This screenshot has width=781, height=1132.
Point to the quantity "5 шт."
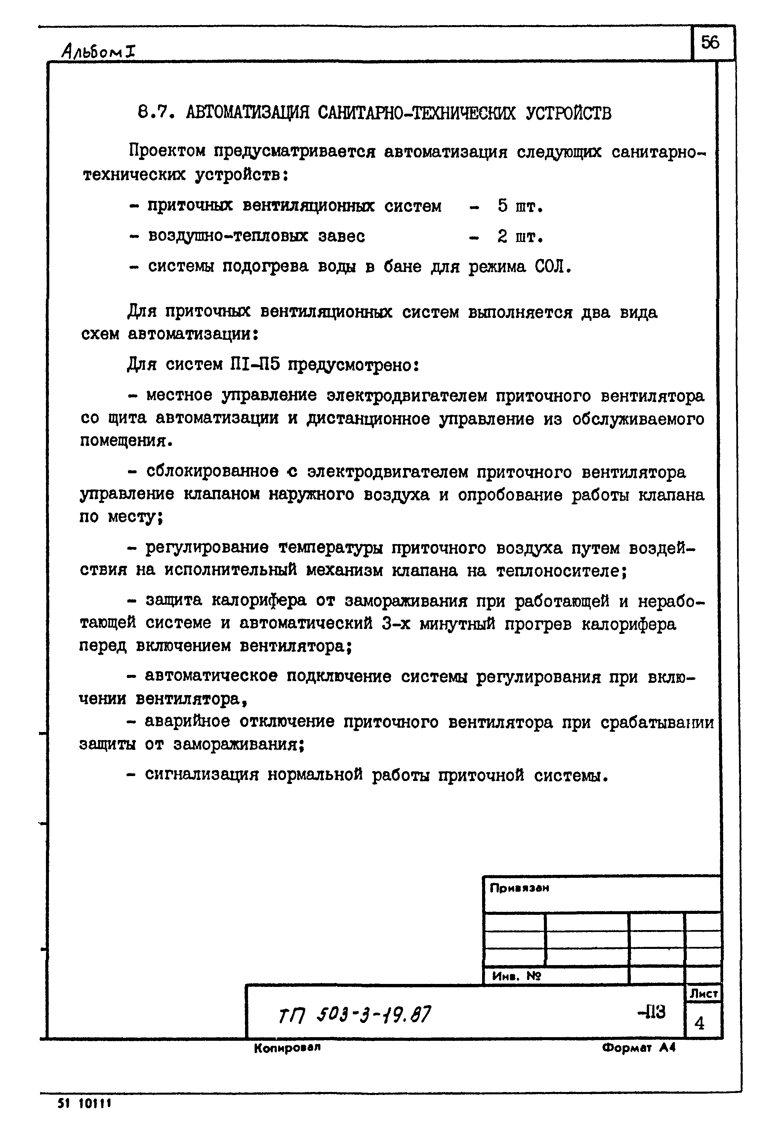click(x=520, y=207)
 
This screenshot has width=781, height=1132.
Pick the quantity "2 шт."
click(x=520, y=237)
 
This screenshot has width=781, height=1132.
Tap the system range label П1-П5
click(x=254, y=365)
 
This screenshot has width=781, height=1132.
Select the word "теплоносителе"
click(x=560, y=570)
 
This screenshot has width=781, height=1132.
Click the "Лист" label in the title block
click(x=704, y=994)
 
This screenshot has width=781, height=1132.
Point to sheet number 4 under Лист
click(x=700, y=1023)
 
